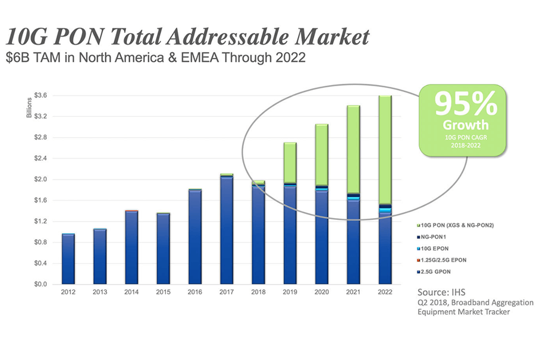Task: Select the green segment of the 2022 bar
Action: (384, 150)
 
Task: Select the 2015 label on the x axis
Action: (163, 292)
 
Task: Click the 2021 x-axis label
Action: (353, 292)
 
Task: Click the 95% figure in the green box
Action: (465, 104)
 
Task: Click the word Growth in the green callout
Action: (465, 126)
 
